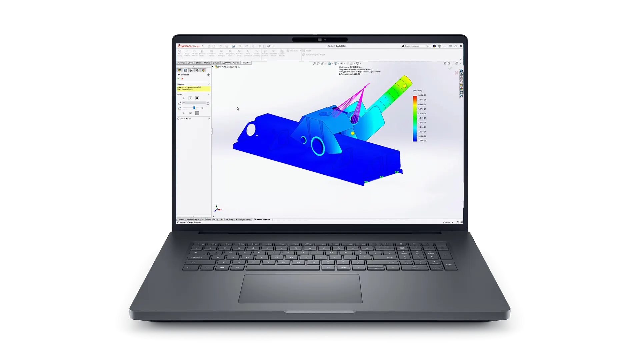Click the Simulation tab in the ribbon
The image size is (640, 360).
click(x=246, y=63)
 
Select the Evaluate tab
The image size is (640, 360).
click(x=216, y=63)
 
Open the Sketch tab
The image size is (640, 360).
click(x=199, y=63)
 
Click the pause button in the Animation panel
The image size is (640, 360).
click(x=190, y=98)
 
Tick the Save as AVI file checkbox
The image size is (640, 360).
click(x=178, y=119)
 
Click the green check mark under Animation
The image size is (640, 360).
click(x=178, y=79)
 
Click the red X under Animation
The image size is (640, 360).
click(x=182, y=79)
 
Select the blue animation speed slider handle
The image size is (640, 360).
click(x=194, y=108)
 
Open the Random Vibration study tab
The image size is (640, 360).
click(x=262, y=219)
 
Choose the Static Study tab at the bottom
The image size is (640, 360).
click(x=228, y=219)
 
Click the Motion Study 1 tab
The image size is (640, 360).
click(x=192, y=219)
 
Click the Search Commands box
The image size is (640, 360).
click(x=415, y=46)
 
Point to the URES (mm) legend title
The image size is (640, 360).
click(x=417, y=90)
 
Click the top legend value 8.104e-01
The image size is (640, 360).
click(x=422, y=95)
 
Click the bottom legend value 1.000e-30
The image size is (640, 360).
click(x=422, y=141)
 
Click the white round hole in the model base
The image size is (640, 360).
click(x=251, y=129)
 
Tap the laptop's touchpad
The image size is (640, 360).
click(x=300, y=288)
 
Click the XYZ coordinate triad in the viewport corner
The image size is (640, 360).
click(x=217, y=209)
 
